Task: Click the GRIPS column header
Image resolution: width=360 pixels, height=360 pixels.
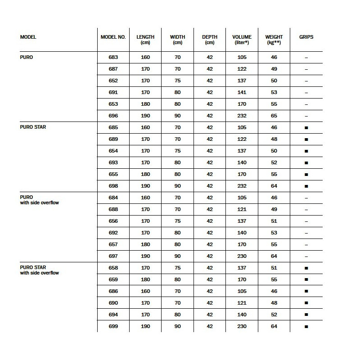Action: click(x=306, y=37)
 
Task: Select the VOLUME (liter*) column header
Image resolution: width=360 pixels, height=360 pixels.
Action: click(x=242, y=40)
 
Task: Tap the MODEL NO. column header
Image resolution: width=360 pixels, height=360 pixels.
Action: click(x=113, y=37)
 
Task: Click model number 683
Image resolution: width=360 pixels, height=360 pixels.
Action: click(x=113, y=57)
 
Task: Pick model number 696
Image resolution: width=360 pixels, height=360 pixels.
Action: click(x=113, y=116)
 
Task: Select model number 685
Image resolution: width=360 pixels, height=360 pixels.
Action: click(x=113, y=127)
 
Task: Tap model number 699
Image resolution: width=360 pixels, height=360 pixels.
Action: click(x=113, y=326)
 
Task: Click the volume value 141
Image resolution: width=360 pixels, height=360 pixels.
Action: click(x=242, y=92)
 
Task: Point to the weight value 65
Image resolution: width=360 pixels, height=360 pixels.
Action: click(x=274, y=116)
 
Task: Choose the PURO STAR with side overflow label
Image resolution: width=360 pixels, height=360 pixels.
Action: click(x=40, y=270)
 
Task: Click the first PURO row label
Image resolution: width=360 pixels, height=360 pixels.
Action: click(x=27, y=57)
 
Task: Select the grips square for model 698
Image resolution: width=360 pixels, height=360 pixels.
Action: click(x=306, y=186)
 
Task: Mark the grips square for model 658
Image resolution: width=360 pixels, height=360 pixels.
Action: click(x=306, y=268)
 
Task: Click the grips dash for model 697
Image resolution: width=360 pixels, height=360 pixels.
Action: click(x=306, y=256)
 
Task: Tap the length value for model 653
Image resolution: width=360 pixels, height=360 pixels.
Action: click(x=145, y=104)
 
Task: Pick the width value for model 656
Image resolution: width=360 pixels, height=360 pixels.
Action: click(x=177, y=221)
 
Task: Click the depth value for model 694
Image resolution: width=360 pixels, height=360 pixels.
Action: click(x=210, y=315)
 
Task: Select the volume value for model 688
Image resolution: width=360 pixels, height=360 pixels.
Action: click(x=242, y=209)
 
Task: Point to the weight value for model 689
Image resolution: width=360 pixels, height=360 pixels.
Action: click(x=274, y=139)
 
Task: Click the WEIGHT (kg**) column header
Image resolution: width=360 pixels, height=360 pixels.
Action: click(x=274, y=40)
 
